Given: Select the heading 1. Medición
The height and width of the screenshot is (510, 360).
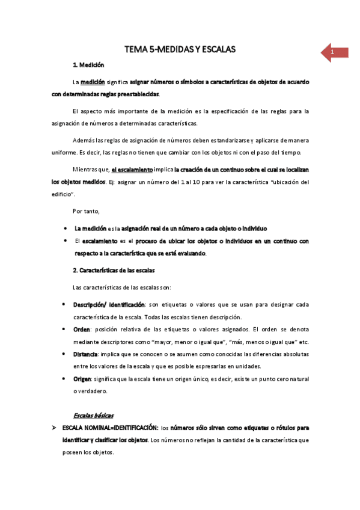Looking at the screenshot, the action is click(88, 65).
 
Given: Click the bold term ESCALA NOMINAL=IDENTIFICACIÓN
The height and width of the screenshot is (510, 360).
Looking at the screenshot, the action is click(110, 428).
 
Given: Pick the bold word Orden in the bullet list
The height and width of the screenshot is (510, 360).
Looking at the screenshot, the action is click(81, 330).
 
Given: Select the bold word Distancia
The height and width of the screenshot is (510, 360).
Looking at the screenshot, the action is click(85, 354).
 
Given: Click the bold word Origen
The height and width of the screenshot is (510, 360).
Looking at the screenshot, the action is click(83, 379).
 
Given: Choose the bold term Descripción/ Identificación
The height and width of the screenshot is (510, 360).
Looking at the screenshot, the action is click(109, 305).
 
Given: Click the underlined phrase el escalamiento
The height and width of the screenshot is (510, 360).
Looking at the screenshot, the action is click(132, 170).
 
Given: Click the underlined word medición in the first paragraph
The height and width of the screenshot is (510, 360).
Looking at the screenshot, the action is click(92, 81).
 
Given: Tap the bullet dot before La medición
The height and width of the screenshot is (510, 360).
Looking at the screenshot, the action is click(64, 229).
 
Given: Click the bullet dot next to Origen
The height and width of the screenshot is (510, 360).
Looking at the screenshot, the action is click(64, 379).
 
